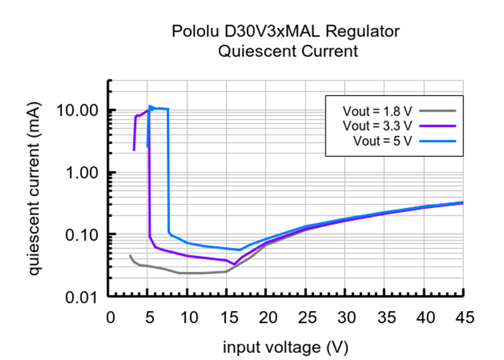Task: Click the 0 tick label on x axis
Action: click(109, 318)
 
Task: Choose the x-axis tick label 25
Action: click(306, 318)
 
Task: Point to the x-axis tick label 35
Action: click(384, 318)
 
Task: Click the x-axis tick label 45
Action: click(463, 318)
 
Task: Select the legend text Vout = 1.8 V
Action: click(377, 112)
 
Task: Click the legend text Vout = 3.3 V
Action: click(377, 126)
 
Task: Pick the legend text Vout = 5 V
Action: click(382, 140)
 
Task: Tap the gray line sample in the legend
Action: click(438, 112)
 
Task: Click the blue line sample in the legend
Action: click(438, 140)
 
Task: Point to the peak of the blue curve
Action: click(150, 107)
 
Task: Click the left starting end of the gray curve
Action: click(130, 256)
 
